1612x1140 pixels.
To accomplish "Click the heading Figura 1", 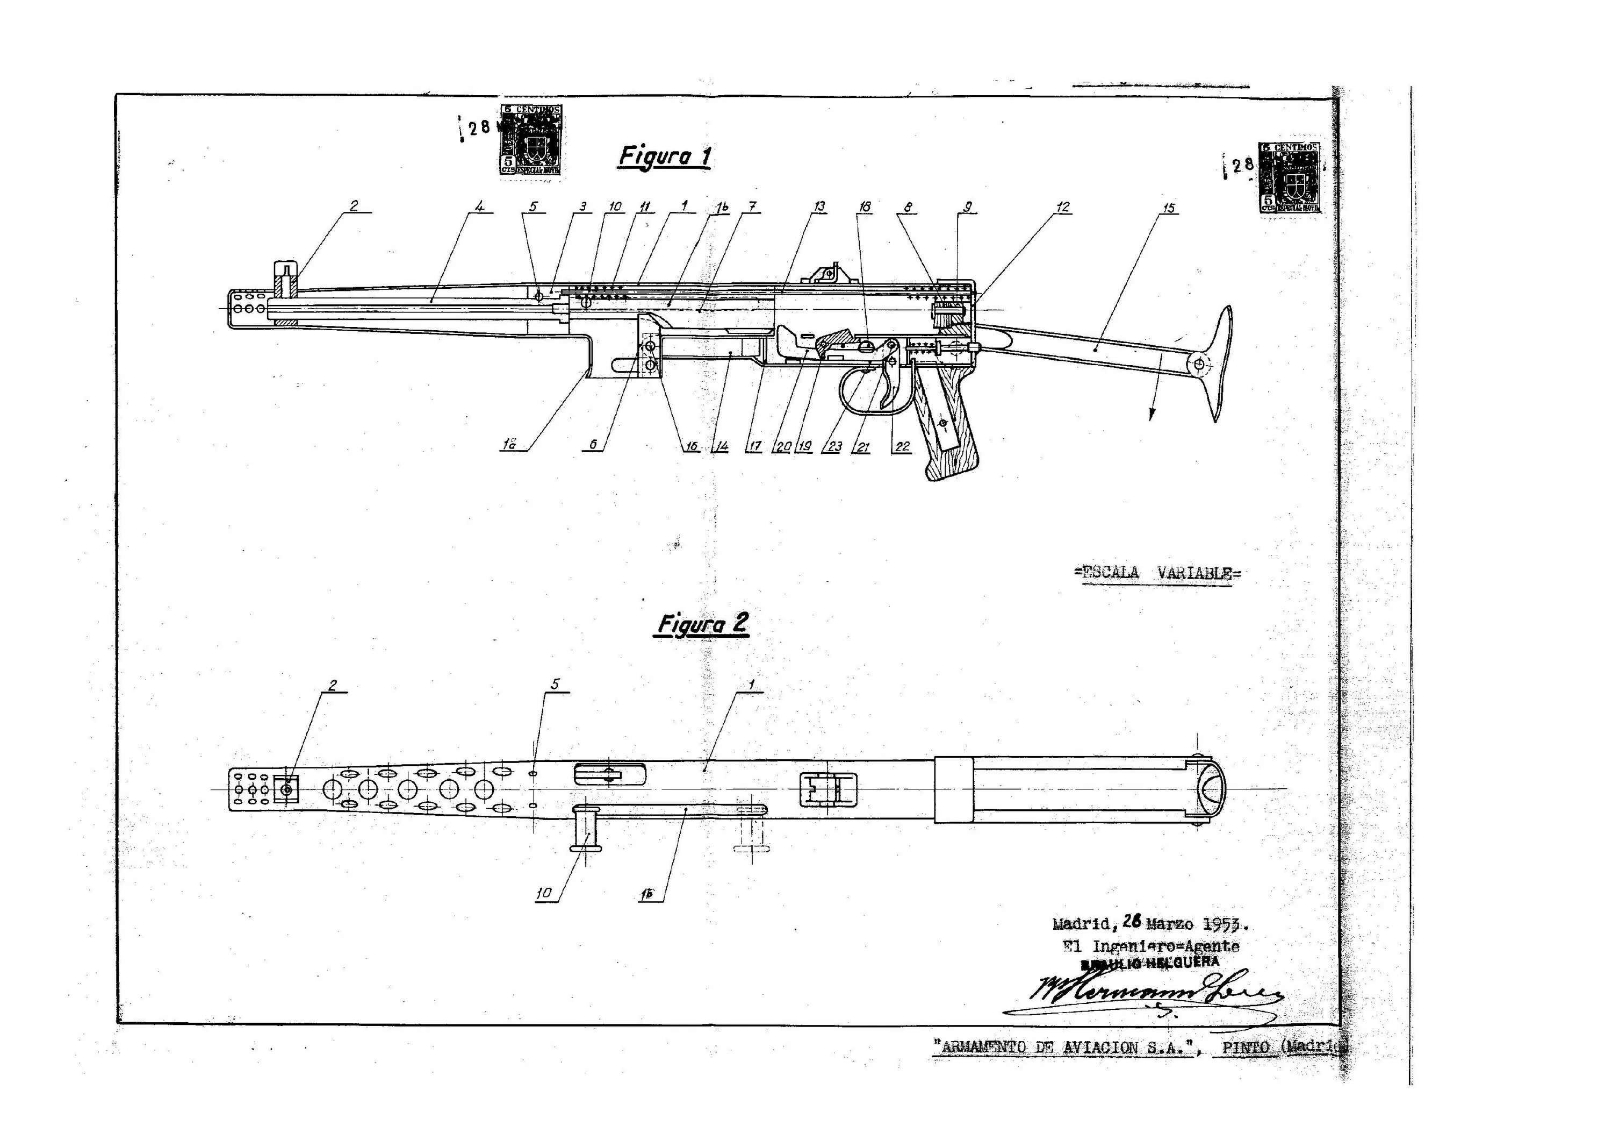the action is click(664, 156).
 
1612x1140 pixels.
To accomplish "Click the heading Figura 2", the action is click(702, 624).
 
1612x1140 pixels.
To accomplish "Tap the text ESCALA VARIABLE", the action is click(1157, 573).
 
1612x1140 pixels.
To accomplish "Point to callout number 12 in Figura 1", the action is click(1063, 206).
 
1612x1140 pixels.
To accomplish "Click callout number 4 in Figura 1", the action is click(479, 206).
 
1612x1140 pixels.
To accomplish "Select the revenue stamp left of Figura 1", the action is click(531, 140).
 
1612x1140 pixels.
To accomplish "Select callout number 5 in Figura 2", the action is click(556, 684).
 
